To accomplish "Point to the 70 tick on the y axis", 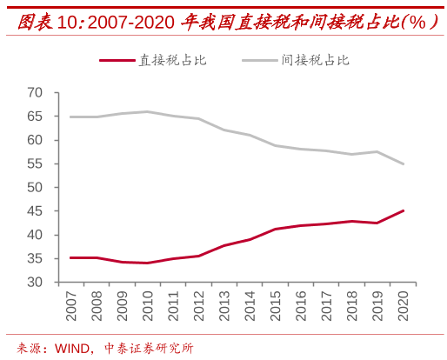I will [35, 93].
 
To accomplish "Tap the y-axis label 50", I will [35, 188].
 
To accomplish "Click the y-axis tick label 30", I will [35, 283].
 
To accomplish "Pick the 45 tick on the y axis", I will [35, 211].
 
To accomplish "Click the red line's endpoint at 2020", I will [404, 210].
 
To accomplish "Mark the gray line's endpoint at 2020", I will [404, 164].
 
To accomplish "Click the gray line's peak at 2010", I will [148, 111].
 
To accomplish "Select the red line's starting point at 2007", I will [70, 257].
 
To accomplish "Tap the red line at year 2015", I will [276, 229].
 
